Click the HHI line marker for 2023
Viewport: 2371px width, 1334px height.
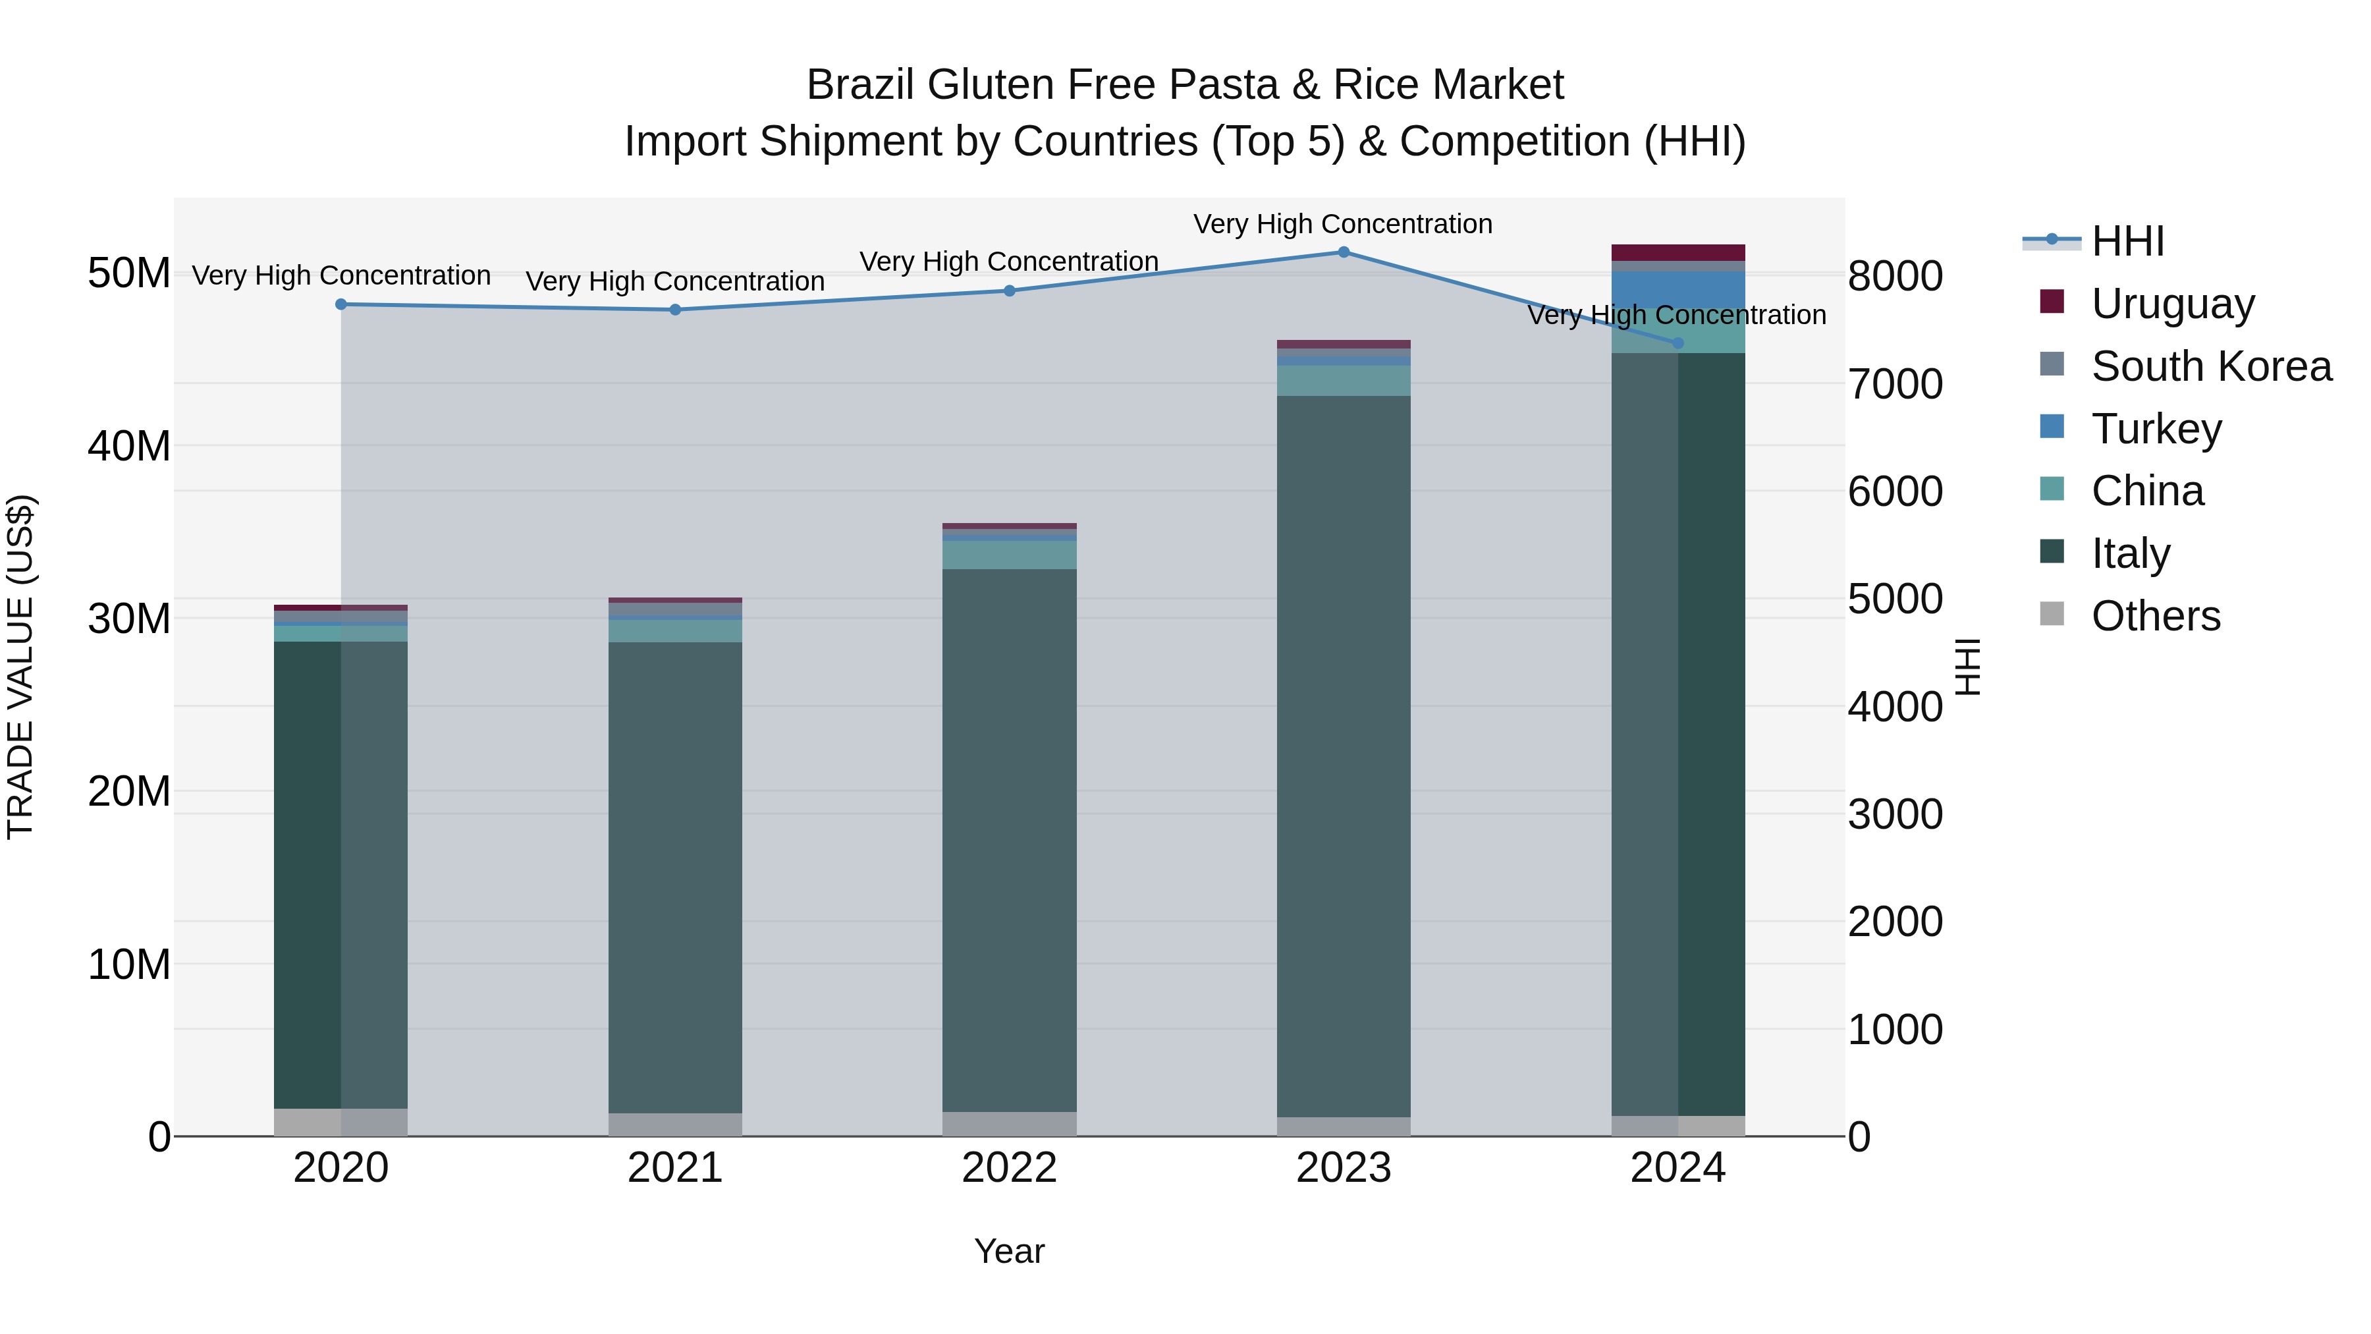[1343, 252]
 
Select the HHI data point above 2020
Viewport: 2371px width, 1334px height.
[341, 305]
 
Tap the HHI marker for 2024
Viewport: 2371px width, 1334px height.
[1678, 343]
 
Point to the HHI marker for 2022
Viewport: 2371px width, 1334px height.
[1010, 291]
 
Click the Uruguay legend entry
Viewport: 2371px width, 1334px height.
[2172, 304]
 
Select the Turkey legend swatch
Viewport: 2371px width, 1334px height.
[2052, 427]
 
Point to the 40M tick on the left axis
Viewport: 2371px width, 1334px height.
[129, 447]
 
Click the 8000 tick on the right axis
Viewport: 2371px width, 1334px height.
[1895, 276]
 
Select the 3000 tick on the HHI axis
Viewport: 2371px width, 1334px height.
[1895, 815]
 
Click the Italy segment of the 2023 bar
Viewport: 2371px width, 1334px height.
[1343, 755]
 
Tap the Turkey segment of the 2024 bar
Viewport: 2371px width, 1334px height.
[1678, 289]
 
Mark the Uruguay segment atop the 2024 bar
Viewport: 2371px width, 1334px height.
[1678, 253]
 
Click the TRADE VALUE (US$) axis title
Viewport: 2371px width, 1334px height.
[21, 667]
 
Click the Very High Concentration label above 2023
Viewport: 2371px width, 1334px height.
[1343, 225]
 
